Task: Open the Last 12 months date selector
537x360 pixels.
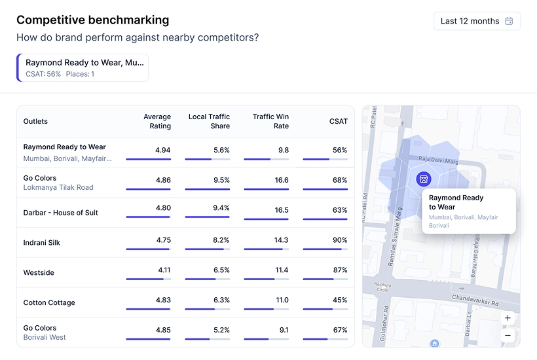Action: click(477, 21)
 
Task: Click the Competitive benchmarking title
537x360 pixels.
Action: click(92, 20)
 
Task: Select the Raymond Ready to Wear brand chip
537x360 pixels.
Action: click(83, 67)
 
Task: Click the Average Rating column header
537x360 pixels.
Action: click(157, 121)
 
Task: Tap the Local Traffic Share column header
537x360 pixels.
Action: click(209, 121)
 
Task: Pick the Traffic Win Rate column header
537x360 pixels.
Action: click(270, 121)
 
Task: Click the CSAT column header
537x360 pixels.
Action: click(339, 121)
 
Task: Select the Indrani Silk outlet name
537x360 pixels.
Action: click(42, 243)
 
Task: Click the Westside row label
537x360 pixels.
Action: click(39, 272)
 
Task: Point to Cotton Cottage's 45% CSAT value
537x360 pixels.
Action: click(340, 300)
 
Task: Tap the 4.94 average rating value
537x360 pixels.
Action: click(163, 150)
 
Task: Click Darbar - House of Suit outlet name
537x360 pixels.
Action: click(61, 213)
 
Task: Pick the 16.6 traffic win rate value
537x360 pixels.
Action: click(282, 180)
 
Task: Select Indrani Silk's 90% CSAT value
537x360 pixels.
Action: click(340, 240)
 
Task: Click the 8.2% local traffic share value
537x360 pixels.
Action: click(221, 240)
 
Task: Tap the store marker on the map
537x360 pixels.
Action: click(423, 179)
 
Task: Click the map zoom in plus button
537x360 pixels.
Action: click(508, 318)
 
